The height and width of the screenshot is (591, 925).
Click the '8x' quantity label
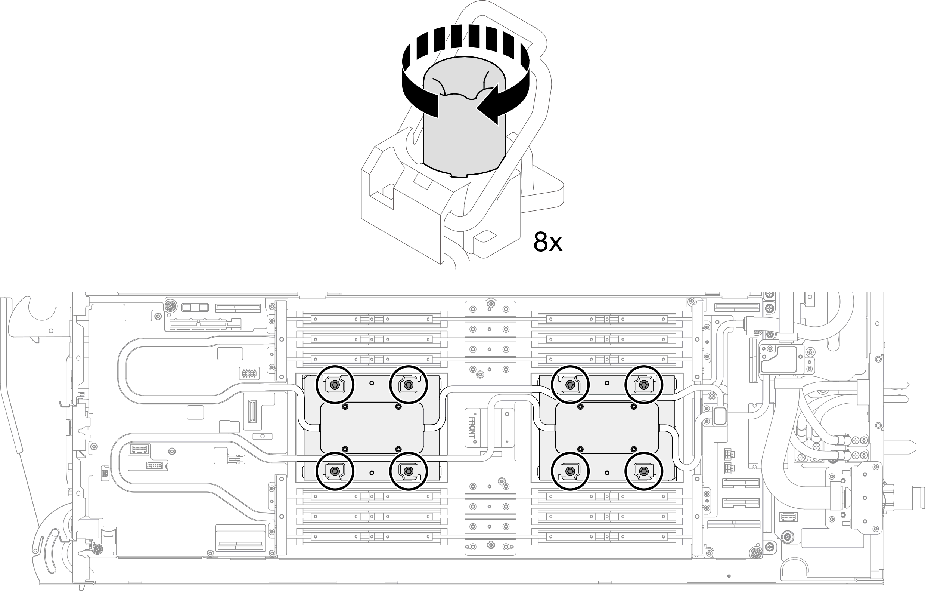(x=547, y=242)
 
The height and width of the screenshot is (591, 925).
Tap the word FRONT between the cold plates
(x=472, y=430)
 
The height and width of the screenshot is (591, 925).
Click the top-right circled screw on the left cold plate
(x=408, y=385)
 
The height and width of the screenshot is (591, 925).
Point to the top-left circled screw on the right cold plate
(x=570, y=385)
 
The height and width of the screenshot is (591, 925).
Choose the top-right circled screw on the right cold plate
(x=644, y=385)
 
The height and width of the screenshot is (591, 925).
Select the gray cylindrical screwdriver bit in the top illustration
(x=464, y=135)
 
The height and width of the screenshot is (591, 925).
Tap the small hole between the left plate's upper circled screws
(x=372, y=383)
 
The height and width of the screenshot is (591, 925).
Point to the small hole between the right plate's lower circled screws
(x=607, y=473)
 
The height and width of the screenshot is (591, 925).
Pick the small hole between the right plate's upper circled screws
(x=607, y=383)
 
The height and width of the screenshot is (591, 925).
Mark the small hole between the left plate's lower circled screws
(x=372, y=473)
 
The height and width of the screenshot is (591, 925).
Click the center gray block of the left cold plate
(x=372, y=428)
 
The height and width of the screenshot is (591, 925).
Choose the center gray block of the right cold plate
(x=607, y=428)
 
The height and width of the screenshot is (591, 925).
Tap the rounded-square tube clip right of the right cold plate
(x=720, y=415)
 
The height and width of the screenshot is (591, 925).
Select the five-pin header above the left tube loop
(x=249, y=373)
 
